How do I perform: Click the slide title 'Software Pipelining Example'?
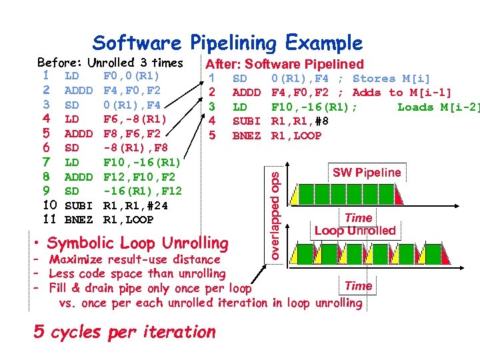pyautogui.click(x=228, y=43)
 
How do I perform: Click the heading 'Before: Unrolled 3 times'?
pyautogui.click(x=110, y=63)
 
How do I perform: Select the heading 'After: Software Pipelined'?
pyautogui.click(x=285, y=64)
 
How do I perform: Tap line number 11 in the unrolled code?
pyautogui.click(x=49, y=219)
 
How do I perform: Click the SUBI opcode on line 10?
pyautogui.click(x=78, y=205)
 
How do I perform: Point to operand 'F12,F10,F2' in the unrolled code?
pyautogui.click(x=139, y=177)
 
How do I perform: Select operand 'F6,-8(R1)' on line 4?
pyautogui.click(x=135, y=119)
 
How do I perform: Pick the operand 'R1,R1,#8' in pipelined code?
pyautogui.click(x=299, y=121)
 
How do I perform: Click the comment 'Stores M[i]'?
pyautogui.click(x=391, y=79)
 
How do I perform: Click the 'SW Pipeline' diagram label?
pyautogui.click(x=367, y=173)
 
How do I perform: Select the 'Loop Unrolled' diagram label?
pyautogui.click(x=355, y=231)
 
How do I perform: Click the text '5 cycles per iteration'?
pyautogui.click(x=125, y=331)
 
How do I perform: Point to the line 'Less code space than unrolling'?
pyautogui.click(x=137, y=273)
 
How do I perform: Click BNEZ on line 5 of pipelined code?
pyautogui.click(x=246, y=136)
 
